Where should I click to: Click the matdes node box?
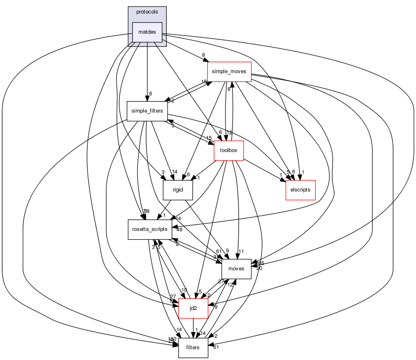coord(147,32)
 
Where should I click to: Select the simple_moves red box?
coord(229,72)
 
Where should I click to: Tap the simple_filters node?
coord(147,111)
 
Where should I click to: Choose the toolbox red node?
coord(229,150)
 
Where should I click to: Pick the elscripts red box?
coord(300,190)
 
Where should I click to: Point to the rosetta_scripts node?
coord(149,229)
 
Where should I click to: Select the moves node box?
coord(236,269)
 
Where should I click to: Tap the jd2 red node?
coord(193,308)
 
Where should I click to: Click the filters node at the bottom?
coord(193,348)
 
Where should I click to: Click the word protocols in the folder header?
coord(147,12)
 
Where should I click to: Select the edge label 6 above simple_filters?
coord(151,94)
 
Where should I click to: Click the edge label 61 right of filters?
coord(216,348)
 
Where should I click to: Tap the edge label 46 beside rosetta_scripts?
coord(179,230)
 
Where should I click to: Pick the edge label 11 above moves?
coord(241,251)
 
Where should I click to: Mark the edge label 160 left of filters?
coord(172,339)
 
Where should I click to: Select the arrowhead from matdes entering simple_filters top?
coord(147,98)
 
